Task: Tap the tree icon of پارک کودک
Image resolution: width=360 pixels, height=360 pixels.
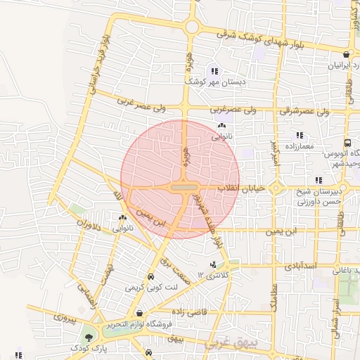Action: point(87,338)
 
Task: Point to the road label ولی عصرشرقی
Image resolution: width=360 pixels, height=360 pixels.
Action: point(314,111)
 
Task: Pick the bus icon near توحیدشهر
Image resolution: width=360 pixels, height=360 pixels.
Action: point(348,142)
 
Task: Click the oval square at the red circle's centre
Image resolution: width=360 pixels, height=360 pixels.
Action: point(181,188)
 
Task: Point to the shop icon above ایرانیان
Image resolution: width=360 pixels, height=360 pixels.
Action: point(347,55)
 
